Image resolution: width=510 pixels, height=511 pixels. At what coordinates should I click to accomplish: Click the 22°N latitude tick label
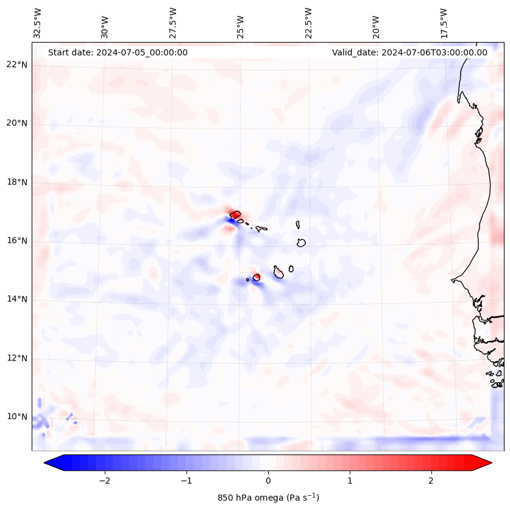[17, 65]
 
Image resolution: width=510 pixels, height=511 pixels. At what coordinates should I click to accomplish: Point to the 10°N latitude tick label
[17, 417]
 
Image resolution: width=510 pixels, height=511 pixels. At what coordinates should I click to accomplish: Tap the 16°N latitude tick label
[17, 241]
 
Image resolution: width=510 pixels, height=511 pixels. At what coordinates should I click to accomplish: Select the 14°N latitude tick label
[17, 299]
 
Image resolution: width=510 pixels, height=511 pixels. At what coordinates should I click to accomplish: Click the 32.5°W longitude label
[38, 23]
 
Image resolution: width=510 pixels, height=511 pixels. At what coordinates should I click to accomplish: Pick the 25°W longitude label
[241, 23]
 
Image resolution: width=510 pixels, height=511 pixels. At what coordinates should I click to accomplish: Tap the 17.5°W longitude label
[444, 23]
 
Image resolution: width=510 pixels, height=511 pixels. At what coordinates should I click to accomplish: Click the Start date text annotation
[118, 52]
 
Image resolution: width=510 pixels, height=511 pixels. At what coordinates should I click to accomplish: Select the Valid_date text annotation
[409, 52]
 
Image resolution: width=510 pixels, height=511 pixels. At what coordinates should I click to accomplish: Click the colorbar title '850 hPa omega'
[268, 498]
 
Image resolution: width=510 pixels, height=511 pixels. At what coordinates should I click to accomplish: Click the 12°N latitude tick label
[17, 358]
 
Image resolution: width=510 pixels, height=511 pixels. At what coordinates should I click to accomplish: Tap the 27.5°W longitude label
[173, 23]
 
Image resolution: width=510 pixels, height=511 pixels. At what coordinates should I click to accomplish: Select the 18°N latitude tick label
[17, 182]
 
